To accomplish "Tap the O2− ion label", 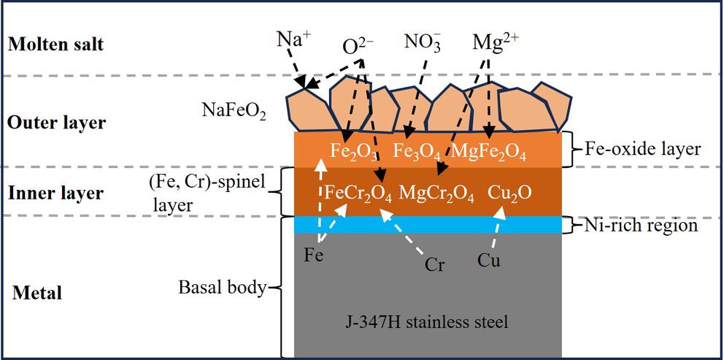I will point(358,46).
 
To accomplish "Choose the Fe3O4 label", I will point(417,152).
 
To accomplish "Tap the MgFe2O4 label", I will point(488,152).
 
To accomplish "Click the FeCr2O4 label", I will point(358,195).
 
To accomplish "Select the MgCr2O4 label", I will point(437,195).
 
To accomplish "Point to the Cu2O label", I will point(509,194).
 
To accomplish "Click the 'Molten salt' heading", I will point(56,45).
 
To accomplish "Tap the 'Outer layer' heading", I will point(56,123).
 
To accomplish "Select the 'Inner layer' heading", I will point(55,194).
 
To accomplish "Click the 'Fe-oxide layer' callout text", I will point(642,149).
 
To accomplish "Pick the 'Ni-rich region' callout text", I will point(640,226).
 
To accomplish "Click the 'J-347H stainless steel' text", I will point(427,321).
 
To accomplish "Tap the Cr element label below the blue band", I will point(435,265).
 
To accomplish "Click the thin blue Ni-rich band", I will point(427,225).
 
